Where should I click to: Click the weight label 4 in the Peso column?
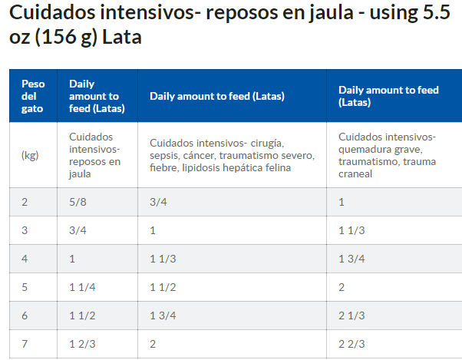tap(25, 259)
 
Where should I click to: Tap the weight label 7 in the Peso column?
tap(25, 345)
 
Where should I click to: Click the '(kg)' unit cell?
tap(29, 155)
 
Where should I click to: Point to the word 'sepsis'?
tap(165, 155)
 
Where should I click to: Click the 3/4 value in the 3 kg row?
tap(77, 230)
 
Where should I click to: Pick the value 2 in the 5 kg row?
tap(342, 287)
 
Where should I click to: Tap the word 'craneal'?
tap(355, 173)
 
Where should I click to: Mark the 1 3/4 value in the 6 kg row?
tap(162, 316)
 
